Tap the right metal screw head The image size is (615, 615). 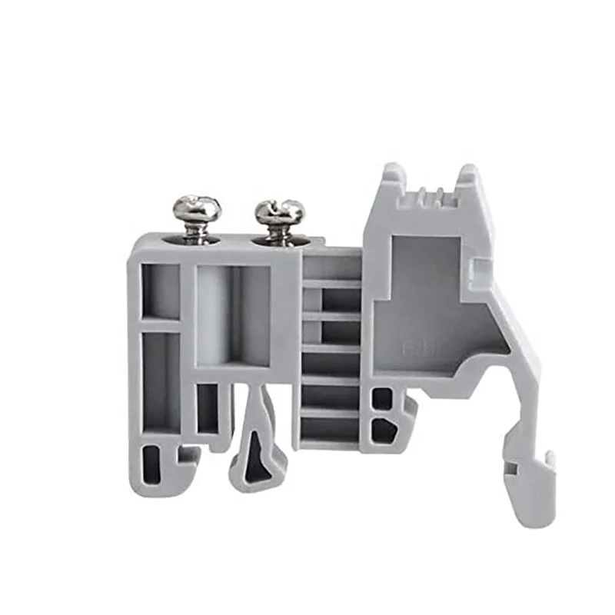click(280, 210)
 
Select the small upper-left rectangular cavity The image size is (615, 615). click(161, 291)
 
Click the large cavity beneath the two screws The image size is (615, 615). click(233, 315)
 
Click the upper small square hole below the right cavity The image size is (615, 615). click(382, 399)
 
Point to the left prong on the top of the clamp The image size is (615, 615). click(391, 174)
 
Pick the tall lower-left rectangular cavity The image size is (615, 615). click(160, 381)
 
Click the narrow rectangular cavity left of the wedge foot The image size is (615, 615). click(208, 407)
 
